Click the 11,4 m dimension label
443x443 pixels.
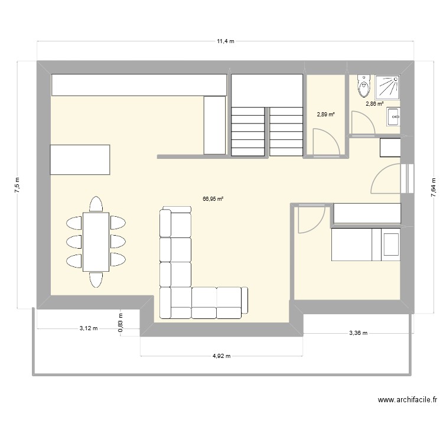point(225,41)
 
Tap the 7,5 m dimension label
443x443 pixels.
point(17,184)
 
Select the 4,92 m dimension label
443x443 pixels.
point(222,356)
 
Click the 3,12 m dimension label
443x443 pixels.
point(89,328)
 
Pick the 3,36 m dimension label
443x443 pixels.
point(357,333)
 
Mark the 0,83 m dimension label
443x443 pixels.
point(120,323)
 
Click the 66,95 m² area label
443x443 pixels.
point(213,199)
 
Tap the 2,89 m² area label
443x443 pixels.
point(325,115)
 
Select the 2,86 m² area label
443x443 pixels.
point(374,103)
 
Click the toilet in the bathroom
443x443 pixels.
point(363,88)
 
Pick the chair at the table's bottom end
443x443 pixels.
point(96,279)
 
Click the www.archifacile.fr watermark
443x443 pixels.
point(407,400)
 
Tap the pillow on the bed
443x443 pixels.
point(391,244)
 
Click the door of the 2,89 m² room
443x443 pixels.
point(325,144)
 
